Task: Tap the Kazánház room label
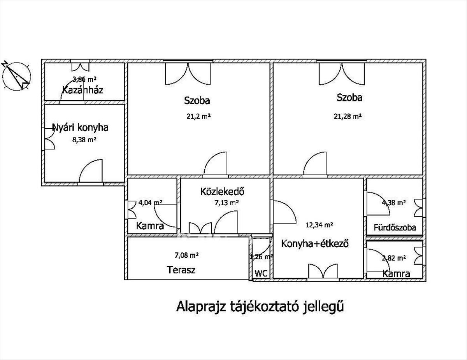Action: click(83, 91)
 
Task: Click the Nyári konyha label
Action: click(80, 127)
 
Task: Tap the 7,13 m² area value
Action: click(226, 202)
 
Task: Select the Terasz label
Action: click(181, 269)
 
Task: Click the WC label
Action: click(261, 273)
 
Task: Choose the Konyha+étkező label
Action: click(314, 244)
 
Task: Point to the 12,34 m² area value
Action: click(320, 224)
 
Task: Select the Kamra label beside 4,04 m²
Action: click(150, 226)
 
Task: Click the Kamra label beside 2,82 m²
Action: click(396, 274)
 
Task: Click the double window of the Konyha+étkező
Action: click(323, 271)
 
